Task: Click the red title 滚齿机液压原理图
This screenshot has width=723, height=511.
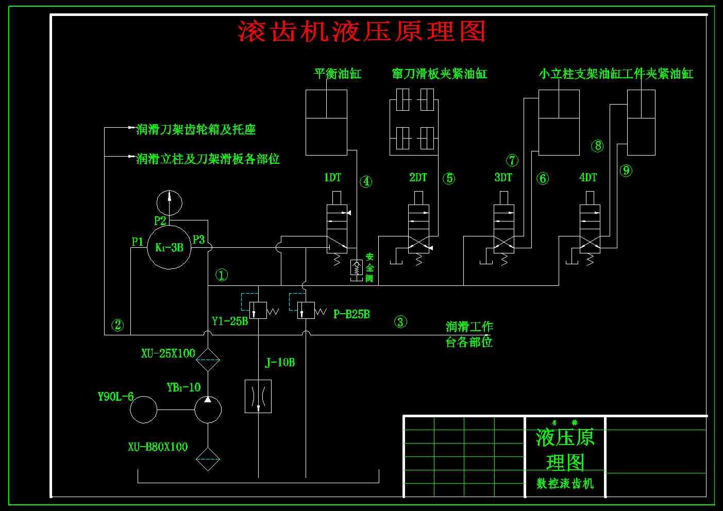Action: point(361,32)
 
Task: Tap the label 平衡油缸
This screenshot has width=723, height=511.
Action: point(338,74)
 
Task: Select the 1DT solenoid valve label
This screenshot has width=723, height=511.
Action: point(332,178)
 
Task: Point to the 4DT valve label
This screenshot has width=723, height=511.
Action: point(588,178)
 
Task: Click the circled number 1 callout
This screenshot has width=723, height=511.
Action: point(222,275)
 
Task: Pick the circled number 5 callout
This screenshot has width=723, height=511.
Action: point(449,179)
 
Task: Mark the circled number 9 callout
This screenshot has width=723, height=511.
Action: point(626,171)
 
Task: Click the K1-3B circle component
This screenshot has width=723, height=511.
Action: point(170,247)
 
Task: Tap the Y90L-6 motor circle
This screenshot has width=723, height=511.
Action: point(143,410)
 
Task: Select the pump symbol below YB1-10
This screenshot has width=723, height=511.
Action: point(208,410)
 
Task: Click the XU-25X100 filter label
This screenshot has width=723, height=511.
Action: point(168,354)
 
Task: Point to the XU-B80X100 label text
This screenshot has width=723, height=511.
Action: point(158,447)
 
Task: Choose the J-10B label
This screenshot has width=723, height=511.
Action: point(280,363)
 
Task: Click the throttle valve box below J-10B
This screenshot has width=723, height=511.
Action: point(258,396)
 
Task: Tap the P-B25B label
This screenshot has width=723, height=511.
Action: point(351,314)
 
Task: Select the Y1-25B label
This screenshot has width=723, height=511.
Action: point(230,321)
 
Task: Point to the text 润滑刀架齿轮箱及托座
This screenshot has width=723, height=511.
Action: point(196,129)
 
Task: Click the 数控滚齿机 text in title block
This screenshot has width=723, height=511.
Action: point(565,483)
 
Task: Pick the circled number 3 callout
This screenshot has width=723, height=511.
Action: point(400,322)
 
